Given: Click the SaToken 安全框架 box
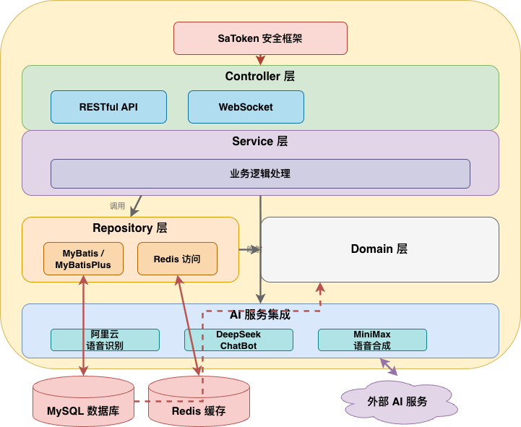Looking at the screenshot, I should [x=260, y=38].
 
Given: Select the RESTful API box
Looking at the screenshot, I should [x=108, y=107].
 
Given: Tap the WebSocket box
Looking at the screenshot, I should [x=246, y=107].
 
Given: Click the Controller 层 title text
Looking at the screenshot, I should [x=260, y=77].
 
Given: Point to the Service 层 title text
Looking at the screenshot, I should [x=260, y=142].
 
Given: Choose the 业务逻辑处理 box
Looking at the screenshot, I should [x=260, y=173].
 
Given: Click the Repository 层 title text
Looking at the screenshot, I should [x=130, y=228].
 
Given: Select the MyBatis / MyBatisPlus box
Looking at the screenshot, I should [x=83, y=259].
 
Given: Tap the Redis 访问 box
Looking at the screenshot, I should [x=177, y=259].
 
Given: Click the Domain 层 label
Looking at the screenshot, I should [x=379, y=249].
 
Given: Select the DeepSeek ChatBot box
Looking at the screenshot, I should [x=238, y=340].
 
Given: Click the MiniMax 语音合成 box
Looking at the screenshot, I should [x=372, y=340].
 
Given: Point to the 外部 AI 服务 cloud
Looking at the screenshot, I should [x=397, y=402].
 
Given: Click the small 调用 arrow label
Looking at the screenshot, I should [x=117, y=206].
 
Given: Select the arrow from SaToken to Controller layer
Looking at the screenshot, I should [x=260, y=60].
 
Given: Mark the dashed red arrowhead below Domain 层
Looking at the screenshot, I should [x=321, y=287].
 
